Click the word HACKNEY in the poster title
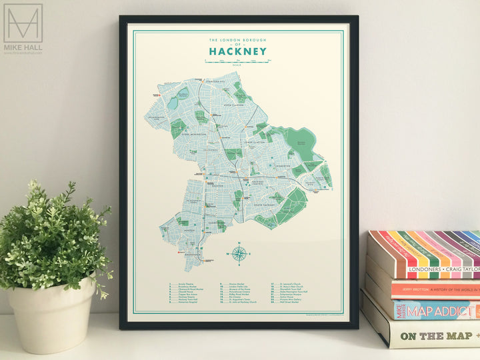237,51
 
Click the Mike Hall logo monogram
23,23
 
